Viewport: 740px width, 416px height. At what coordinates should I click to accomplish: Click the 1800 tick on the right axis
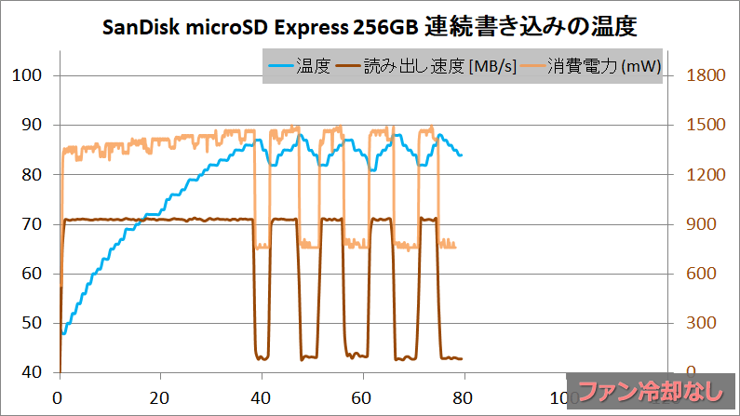(705, 75)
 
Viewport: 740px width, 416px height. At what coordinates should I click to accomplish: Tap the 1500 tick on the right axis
(705, 125)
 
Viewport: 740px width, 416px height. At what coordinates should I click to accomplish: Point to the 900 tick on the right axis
(700, 224)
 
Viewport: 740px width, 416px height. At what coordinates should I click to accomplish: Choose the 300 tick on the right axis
(700, 323)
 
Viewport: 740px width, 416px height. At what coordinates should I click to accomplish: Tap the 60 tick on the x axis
(363, 394)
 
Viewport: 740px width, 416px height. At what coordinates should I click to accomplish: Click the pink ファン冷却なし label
(652, 392)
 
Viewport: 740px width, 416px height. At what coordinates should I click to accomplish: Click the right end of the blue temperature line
(461, 154)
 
